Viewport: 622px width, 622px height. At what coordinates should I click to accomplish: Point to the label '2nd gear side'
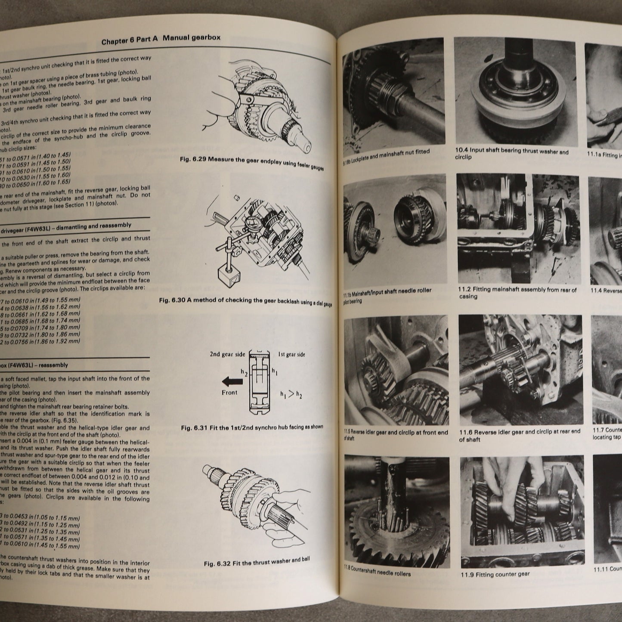[x=227, y=354]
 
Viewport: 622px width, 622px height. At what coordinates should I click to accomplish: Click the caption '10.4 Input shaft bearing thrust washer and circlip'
[x=511, y=154]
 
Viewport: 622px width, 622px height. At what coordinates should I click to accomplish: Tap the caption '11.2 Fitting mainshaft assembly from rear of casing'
[x=517, y=293]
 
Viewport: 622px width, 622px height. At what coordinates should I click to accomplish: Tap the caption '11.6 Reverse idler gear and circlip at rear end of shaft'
[x=519, y=435]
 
